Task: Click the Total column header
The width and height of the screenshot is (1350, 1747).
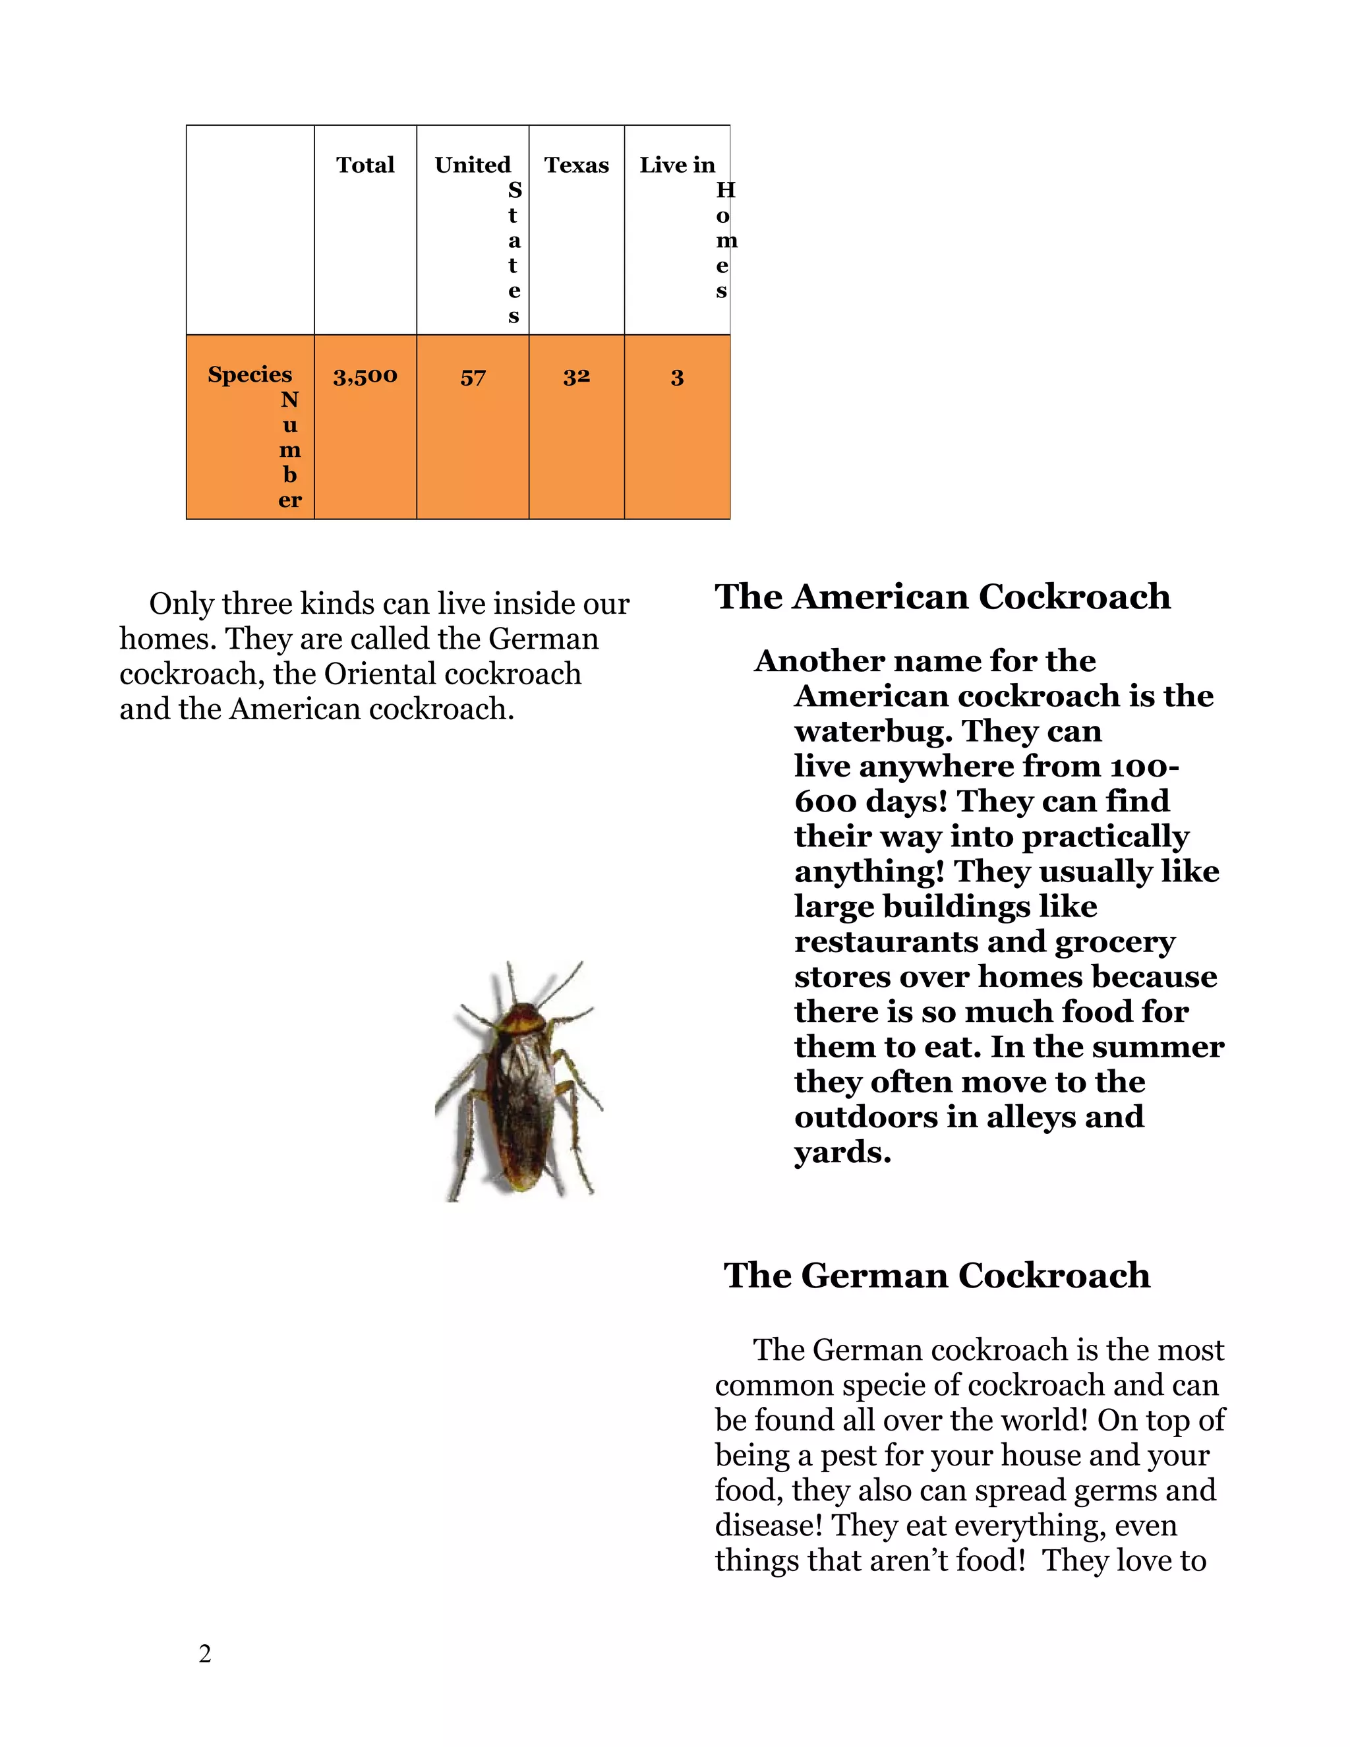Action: click(x=365, y=165)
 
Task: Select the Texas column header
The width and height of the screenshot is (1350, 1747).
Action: click(x=576, y=165)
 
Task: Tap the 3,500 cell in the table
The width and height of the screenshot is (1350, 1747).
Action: click(x=365, y=376)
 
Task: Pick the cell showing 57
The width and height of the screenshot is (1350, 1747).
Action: click(x=473, y=378)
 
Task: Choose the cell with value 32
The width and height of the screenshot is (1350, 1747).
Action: click(x=576, y=376)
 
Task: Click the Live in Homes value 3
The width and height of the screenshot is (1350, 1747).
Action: click(x=676, y=378)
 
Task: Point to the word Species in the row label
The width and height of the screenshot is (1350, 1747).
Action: click(x=250, y=374)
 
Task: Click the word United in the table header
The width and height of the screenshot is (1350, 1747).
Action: click(x=472, y=165)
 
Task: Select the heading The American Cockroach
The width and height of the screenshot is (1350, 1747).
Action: click(x=942, y=597)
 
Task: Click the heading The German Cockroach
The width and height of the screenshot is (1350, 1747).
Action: click(x=937, y=1275)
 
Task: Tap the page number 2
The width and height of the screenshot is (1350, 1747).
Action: click(x=205, y=1653)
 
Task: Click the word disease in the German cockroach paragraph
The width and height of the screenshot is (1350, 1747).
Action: click(x=768, y=1525)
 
